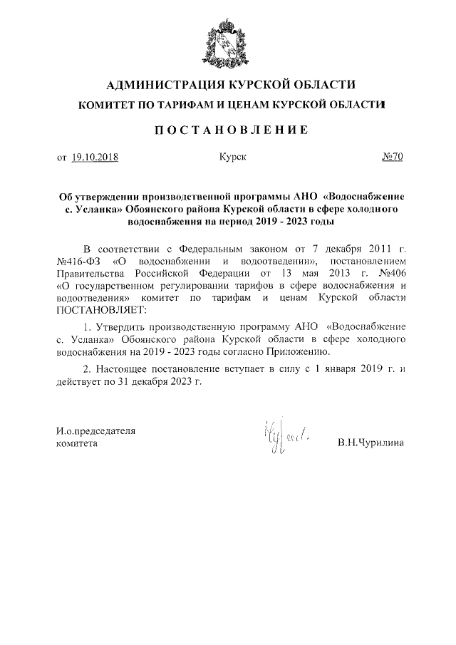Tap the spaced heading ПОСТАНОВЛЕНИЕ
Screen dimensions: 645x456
227,130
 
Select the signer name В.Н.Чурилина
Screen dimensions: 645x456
370,443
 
